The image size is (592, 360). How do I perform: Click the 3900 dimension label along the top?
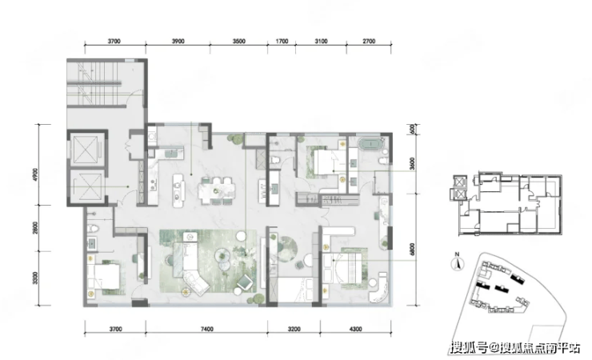tap(178, 41)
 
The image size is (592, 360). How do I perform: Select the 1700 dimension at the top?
tap(282, 41)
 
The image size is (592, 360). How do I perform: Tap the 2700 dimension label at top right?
tap(369, 41)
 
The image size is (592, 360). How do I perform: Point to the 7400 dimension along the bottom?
tap(207, 329)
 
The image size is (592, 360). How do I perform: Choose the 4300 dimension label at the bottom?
tap(355, 329)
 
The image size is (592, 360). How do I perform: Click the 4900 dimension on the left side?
tap(35, 174)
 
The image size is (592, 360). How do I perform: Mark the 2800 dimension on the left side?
tap(35, 228)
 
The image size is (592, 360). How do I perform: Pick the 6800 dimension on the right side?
tap(412, 250)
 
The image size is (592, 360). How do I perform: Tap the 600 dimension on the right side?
tap(412, 129)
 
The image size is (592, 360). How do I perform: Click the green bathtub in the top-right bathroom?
tap(371, 144)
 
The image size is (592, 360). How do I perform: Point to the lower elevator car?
tap(87, 186)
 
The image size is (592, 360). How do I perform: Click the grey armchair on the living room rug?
tap(246, 282)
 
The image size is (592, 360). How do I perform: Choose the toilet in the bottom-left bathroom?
tap(93, 229)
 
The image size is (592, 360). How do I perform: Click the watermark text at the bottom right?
tap(515, 347)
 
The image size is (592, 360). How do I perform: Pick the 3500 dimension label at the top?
tap(239, 41)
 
